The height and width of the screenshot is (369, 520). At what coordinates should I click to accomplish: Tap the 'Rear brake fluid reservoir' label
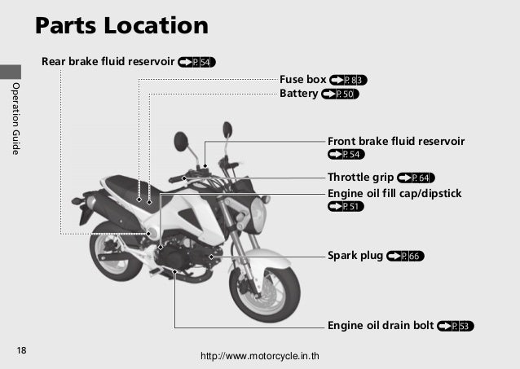pyautogui.click(x=107, y=61)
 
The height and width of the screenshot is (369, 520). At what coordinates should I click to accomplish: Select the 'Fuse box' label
pyautogui.click(x=302, y=80)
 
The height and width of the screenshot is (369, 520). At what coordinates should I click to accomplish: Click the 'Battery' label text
pyautogui.click(x=298, y=94)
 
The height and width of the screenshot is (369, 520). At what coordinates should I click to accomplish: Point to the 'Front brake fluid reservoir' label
pyautogui.click(x=396, y=141)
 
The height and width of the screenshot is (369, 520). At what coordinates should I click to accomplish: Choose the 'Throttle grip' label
pyautogui.click(x=359, y=177)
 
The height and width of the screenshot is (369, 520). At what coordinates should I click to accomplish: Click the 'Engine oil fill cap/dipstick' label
pyautogui.click(x=394, y=193)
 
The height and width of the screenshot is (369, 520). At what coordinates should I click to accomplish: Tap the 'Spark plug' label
pyautogui.click(x=355, y=256)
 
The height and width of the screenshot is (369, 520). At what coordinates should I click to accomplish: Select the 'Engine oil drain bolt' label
pyautogui.click(x=380, y=326)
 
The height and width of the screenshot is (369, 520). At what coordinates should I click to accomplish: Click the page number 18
pyautogui.click(x=22, y=350)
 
